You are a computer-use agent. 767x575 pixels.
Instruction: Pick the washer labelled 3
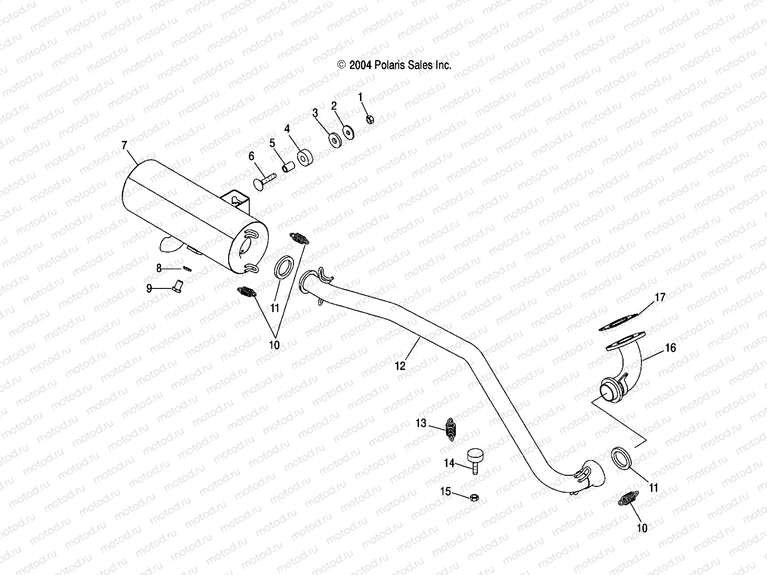click(334, 139)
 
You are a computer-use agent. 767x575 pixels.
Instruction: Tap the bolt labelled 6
click(264, 183)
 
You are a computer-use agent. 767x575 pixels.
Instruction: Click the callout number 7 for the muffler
click(125, 145)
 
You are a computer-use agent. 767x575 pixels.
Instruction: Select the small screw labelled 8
click(187, 268)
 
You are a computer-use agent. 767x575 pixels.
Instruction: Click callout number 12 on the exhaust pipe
click(400, 366)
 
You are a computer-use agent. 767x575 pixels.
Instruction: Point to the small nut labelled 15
click(472, 497)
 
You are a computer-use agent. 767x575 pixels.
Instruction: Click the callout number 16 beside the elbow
click(671, 347)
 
